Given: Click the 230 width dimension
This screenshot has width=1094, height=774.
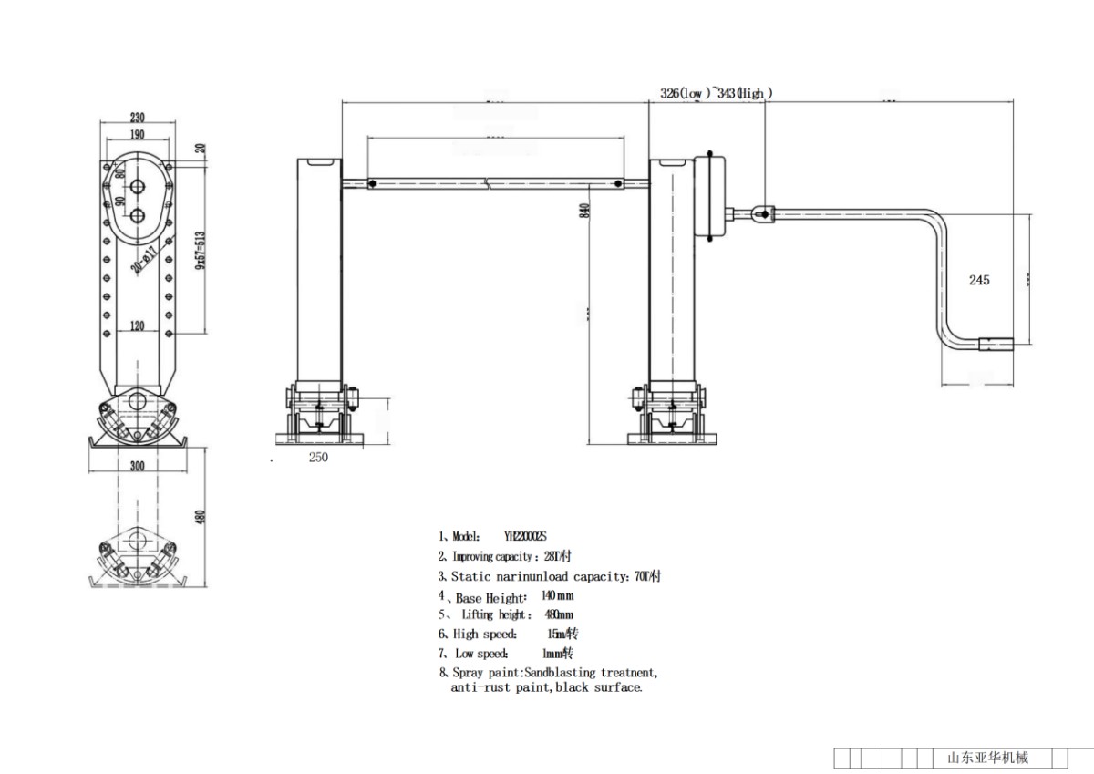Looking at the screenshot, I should (x=137, y=118).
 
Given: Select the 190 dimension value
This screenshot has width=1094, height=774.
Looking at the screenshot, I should (x=137, y=135).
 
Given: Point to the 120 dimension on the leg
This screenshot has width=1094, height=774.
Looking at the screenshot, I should (x=137, y=326).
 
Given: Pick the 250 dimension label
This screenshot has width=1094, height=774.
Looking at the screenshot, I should (x=317, y=458).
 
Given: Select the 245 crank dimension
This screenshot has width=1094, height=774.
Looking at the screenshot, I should (x=979, y=280).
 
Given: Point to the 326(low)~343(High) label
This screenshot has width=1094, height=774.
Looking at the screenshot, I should (x=717, y=93).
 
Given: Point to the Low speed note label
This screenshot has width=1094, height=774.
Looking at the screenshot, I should (x=480, y=654).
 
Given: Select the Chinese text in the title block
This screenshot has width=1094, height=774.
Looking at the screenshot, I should (x=987, y=758).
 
